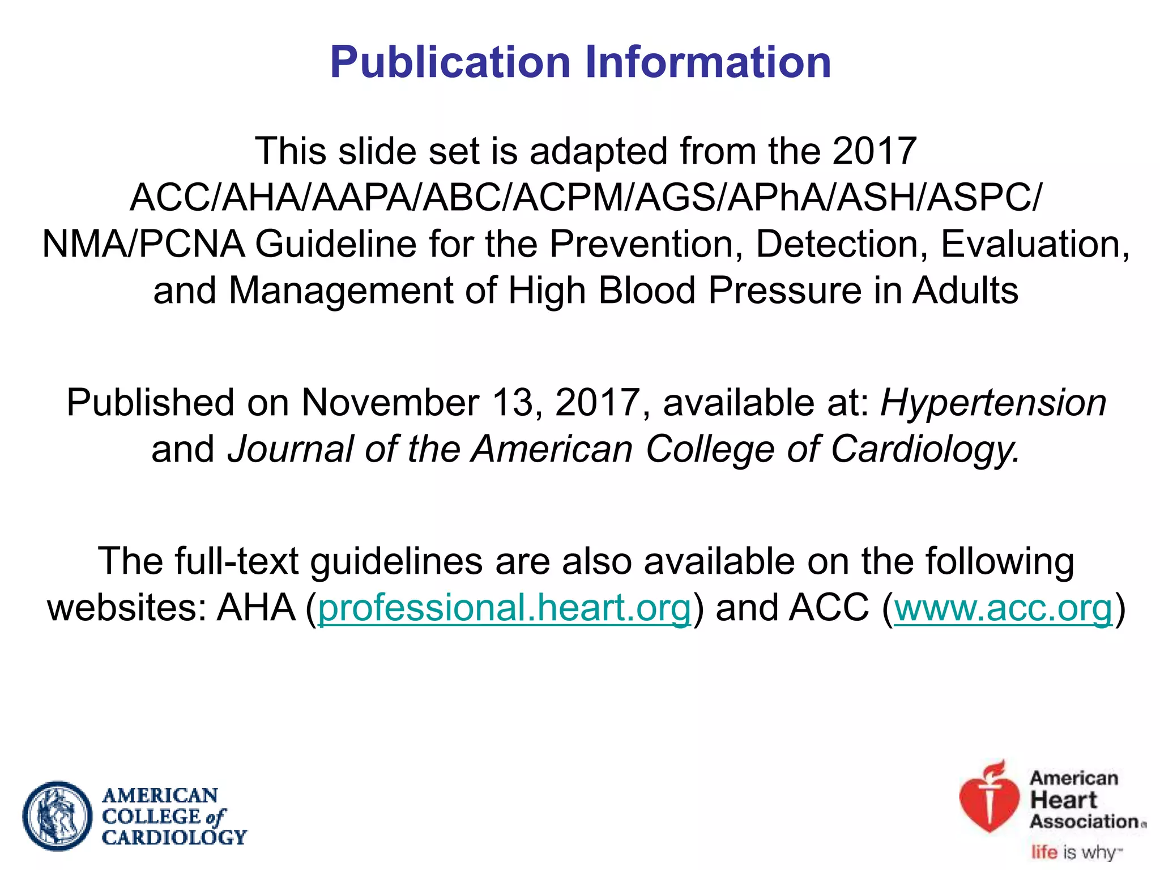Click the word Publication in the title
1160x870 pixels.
click(x=450, y=62)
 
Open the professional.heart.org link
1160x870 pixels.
click(x=504, y=608)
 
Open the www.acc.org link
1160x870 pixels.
click(x=1003, y=608)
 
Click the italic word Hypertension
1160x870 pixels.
click(x=993, y=403)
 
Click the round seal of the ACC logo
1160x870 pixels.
click(x=57, y=816)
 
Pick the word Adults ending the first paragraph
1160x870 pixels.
click(x=965, y=291)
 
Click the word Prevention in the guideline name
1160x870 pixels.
click(x=646, y=245)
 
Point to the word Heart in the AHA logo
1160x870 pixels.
click(x=1063, y=800)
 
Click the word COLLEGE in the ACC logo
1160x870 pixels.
click(x=151, y=817)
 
